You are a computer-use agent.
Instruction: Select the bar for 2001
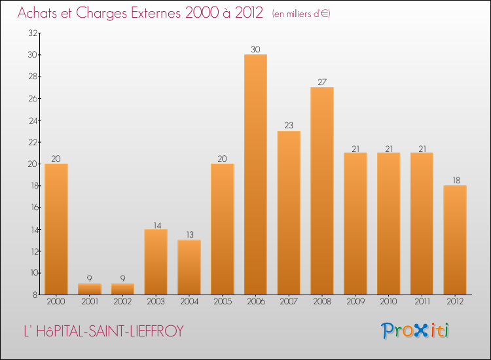(x=89, y=289)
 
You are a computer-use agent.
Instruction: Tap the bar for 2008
(x=322, y=190)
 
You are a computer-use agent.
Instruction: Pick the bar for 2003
(x=156, y=261)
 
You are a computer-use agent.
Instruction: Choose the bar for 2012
(x=455, y=240)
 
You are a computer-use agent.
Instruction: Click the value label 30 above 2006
(x=255, y=49)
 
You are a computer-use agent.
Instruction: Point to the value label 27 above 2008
(x=322, y=82)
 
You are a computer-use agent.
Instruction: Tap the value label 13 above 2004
(x=189, y=234)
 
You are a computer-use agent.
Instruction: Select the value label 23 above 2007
(x=289, y=126)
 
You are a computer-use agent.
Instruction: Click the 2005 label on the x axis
(x=223, y=302)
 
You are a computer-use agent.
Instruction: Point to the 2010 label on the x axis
(x=388, y=302)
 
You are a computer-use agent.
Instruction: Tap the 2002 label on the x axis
(x=122, y=302)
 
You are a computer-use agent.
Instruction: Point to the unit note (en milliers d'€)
(x=301, y=14)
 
